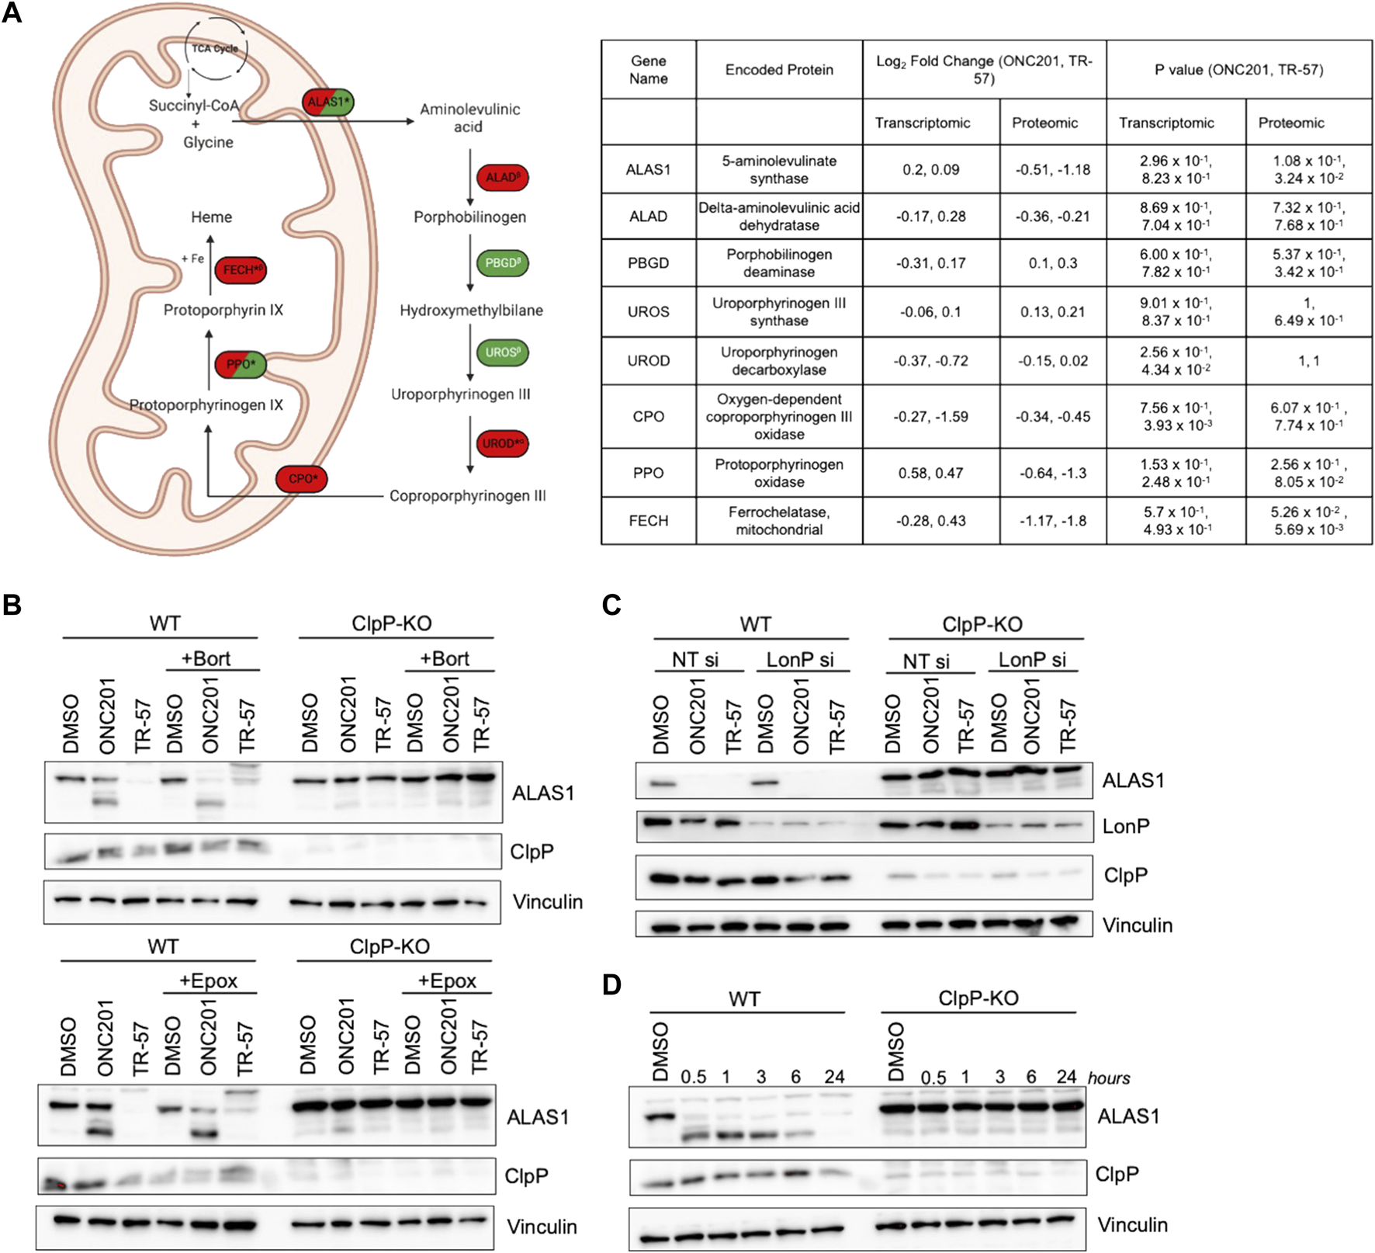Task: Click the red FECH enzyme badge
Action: pos(241,269)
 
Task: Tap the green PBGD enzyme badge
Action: pos(502,263)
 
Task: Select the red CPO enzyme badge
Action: pos(302,478)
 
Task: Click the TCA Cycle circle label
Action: pos(216,49)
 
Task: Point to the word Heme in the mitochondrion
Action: pos(211,217)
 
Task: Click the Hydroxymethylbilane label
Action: pos(471,311)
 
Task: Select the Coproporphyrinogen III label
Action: pos(467,495)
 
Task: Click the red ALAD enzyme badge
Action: pos(502,177)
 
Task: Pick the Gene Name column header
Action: pos(648,69)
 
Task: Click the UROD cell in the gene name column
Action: pos(648,360)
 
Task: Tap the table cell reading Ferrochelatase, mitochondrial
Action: pos(778,520)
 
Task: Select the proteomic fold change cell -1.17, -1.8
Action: pos(1052,520)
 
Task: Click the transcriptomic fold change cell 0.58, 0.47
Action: pos(930,473)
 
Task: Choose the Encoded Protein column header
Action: pos(778,69)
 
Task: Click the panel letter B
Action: pos(12,605)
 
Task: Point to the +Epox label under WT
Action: pos(208,981)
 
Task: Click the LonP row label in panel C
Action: pos(1125,826)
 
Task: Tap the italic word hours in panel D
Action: pos(1108,1078)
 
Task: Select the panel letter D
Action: pos(611,984)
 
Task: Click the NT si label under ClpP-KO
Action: pos(926,661)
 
